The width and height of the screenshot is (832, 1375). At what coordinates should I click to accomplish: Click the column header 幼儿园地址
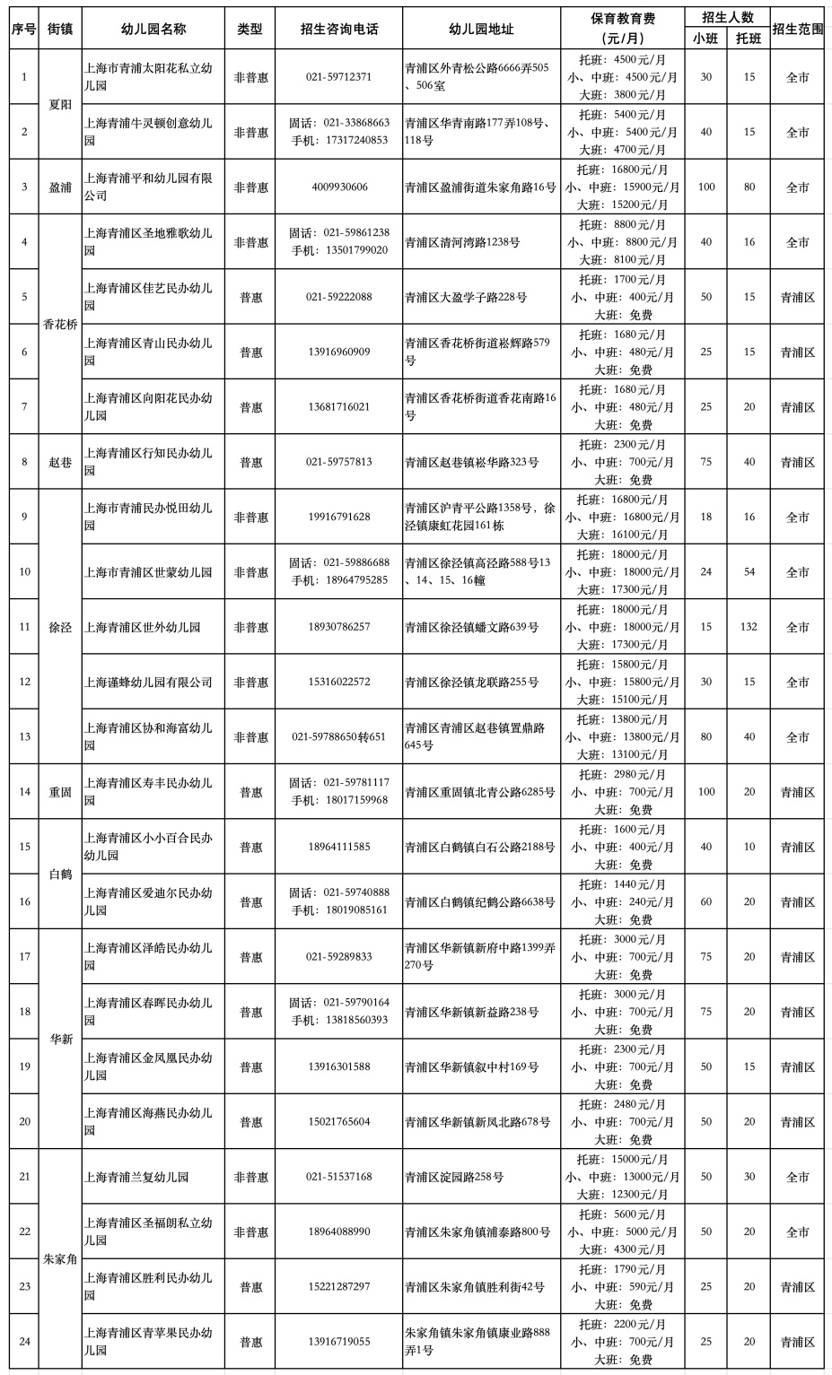pos(481,29)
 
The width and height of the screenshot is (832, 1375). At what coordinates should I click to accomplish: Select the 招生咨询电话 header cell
pos(338,29)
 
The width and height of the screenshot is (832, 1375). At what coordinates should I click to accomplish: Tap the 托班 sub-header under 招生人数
pos(749,39)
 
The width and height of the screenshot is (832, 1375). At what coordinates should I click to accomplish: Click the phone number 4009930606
pos(338,187)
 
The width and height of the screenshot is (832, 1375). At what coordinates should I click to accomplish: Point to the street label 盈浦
pos(60,187)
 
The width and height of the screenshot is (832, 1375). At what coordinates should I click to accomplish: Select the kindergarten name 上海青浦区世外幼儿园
pos(143,627)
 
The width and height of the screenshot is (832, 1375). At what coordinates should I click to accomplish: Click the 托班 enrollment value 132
pos(749,627)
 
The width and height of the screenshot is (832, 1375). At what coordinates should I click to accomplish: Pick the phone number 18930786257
pos(338,627)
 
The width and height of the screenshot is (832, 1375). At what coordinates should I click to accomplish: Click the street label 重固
pos(60,792)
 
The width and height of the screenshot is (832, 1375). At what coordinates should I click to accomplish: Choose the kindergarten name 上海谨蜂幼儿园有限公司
pos(148,683)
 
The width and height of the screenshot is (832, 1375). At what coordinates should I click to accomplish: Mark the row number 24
pos(24,1342)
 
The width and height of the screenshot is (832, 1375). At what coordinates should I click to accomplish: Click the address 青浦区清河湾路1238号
pos(462,242)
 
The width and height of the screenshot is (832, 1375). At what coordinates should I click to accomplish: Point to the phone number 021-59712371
pos(338,77)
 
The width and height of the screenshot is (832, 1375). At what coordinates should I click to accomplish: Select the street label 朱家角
pos(60,1259)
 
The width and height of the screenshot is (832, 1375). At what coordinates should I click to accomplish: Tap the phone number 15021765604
pos(338,1122)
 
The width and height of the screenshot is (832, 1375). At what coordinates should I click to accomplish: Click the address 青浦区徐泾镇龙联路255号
pos(471,683)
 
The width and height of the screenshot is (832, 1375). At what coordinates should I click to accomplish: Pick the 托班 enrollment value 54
pos(749,572)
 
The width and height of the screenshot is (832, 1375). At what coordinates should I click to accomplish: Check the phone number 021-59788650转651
pos(338,737)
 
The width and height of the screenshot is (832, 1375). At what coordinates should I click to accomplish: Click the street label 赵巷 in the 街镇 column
pos(60,463)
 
